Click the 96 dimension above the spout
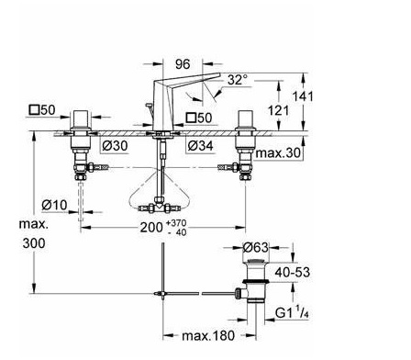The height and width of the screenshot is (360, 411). (183, 64)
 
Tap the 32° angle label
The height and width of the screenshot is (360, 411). (238, 80)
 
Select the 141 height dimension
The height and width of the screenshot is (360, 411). (303, 96)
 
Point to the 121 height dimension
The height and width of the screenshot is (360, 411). (278, 110)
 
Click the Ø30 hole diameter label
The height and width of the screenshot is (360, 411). (115, 146)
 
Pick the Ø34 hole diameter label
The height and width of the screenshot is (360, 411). (200, 146)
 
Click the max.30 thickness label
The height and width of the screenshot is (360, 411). (278, 152)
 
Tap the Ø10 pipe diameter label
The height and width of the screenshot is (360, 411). (54, 205)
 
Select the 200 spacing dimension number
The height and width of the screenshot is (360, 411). (151, 228)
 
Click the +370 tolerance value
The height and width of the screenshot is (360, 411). (176, 223)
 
